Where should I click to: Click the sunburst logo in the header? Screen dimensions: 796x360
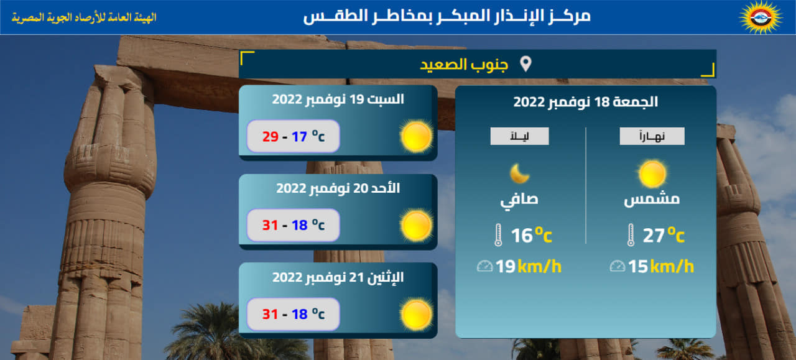761,17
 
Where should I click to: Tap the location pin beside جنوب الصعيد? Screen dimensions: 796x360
525,64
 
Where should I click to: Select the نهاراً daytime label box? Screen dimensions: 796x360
652,136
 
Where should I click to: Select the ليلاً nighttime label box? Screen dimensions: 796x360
519,136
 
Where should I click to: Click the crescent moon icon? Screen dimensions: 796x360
519,173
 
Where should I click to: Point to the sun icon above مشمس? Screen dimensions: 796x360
652,173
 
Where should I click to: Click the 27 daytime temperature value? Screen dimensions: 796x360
654,235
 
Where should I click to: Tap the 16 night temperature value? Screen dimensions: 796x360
522,235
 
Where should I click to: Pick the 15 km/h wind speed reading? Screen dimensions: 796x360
660,267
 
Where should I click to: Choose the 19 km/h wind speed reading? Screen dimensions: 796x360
529,267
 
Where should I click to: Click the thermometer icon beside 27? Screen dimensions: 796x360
631,235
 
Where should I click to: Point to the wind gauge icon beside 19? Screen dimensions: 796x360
484,266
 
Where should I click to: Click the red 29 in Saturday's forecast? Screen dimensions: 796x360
270,136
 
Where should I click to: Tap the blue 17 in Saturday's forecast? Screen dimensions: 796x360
299,136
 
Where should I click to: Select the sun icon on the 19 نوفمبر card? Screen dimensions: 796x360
417,136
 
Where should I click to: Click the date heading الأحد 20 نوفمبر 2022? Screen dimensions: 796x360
338,188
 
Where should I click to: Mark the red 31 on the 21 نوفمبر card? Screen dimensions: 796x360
270,314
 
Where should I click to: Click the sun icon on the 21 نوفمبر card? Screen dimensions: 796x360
417,315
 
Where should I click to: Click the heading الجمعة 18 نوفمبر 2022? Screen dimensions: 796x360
586,102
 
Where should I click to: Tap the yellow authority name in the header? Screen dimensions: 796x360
84,17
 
